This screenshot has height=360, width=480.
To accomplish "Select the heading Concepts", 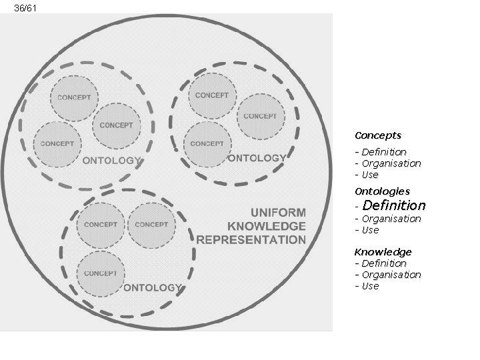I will click(x=377, y=135).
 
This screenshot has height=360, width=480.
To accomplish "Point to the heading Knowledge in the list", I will click(x=383, y=252).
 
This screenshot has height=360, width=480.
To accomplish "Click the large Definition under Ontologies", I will click(x=393, y=205).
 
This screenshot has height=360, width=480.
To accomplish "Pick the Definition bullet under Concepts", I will click(x=383, y=152).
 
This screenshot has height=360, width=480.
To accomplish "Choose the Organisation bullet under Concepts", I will click(x=391, y=163).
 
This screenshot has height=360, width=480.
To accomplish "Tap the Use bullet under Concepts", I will click(x=369, y=175).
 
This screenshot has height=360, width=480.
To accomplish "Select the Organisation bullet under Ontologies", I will click(x=391, y=219).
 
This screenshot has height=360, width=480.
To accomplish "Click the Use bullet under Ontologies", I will click(x=369, y=230).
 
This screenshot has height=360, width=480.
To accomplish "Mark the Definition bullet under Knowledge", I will click(x=383, y=263).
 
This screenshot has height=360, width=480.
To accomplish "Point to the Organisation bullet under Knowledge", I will click(x=391, y=275).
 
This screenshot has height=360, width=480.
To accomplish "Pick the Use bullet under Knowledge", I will click(x=369, y=286).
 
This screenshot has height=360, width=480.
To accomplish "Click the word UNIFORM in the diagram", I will click(x=277, y=209).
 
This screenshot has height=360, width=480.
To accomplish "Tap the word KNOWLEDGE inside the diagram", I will click(x=267, y=224).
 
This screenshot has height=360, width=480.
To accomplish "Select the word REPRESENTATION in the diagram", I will click(x=251, y=239).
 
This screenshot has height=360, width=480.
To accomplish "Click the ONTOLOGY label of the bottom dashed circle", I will click(x=153, y=288).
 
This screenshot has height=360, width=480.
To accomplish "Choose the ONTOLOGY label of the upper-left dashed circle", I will click(x=111, y=160).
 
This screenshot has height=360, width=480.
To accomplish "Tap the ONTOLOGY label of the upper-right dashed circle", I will click(x=257, y=158).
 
